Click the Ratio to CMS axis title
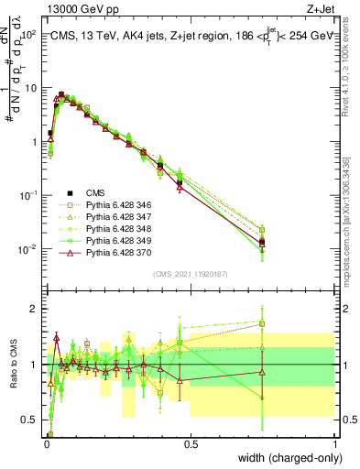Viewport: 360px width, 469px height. [12, 365]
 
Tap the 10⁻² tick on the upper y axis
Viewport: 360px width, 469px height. [29, 249]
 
